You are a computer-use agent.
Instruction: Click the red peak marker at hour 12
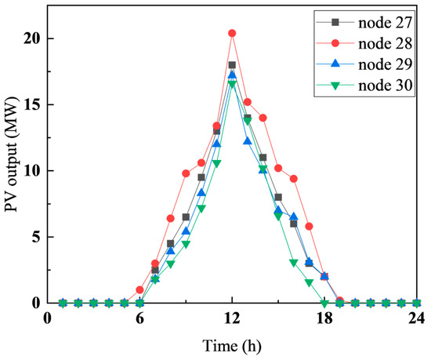click(x=232, y=34)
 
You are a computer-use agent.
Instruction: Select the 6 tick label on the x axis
click(x=139, y=318)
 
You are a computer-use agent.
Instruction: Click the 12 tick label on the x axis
click(x=232, y=318)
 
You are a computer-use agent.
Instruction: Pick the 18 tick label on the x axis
click(x=324, y=318)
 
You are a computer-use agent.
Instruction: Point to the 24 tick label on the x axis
click(x=417, y=318)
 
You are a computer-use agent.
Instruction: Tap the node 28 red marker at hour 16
click(x=294, y=179)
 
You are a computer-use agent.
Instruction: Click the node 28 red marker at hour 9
click(x=186, y=173)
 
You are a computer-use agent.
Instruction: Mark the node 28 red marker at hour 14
click(x=263, y=118)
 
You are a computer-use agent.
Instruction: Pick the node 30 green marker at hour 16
click(x=294, y=263)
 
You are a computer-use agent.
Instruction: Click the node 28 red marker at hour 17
click(x=309, y=226)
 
